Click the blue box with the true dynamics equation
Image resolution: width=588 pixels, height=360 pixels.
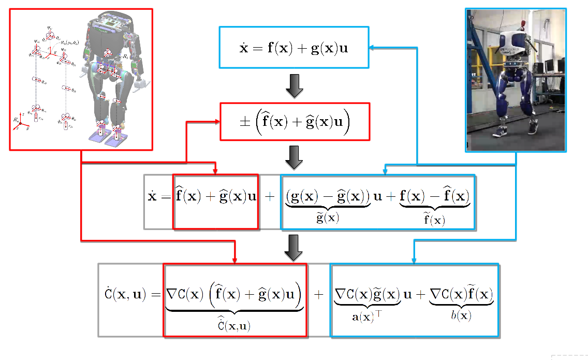pyautogui.click(x=294, y=47)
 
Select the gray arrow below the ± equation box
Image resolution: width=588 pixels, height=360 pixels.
pyautogui.click(x=294, y=157)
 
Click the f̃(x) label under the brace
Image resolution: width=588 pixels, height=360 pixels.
pyautogui.click(x=434, y=219)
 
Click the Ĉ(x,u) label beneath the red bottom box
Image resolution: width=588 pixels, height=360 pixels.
pyautogui.click(x=235, y=325)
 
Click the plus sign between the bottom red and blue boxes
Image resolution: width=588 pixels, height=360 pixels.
pyautogui.click(x=318, y=295)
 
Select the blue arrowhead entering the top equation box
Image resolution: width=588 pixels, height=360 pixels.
pyautogui.click(x=373, y=47)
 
